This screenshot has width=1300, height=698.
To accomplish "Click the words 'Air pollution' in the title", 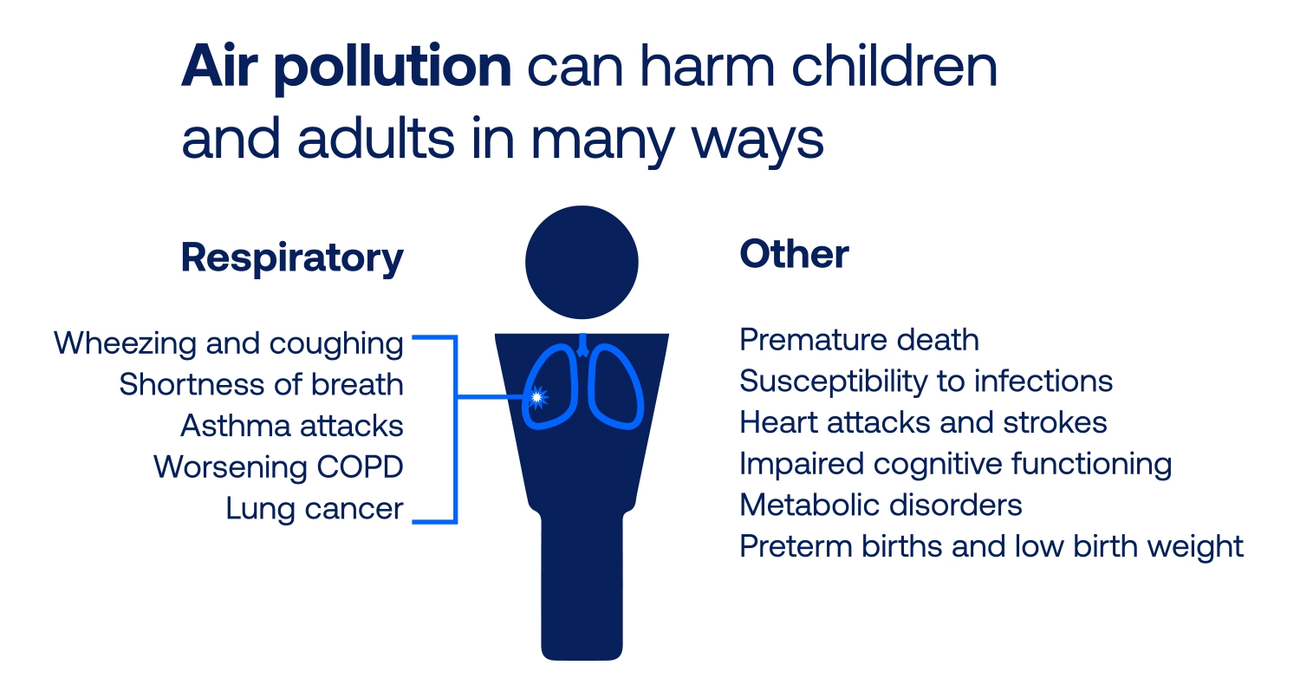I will [x=346, y=68].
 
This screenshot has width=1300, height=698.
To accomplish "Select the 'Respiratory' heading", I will [x=292, y=258].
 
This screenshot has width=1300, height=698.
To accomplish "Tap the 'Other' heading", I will [x=794, y=255].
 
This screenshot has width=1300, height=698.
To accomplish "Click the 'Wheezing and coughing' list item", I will [x=229, y=343].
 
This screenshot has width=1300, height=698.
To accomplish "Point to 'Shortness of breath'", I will [x=261, y=384].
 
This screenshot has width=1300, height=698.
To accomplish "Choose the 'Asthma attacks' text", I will [x=292, y=426].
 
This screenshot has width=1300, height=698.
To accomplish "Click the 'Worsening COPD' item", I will [x=278, y=467].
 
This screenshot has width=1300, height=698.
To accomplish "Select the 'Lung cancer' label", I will [x=315, y=509].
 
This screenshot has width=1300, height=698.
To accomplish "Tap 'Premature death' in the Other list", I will [x=859, y=340].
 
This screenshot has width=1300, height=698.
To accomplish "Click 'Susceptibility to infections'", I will [x=926, y=381].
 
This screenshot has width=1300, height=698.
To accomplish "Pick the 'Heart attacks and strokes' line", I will [x=923, y=422].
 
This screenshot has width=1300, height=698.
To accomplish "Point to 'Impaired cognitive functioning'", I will [x=955, y=464].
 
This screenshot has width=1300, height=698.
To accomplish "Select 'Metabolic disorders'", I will [x=881, y=505].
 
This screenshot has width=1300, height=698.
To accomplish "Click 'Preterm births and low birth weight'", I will [x=991, y=546].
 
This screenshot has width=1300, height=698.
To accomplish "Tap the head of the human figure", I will [x=582, y=262].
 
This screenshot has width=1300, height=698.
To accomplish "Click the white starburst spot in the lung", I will [x=537, y=397].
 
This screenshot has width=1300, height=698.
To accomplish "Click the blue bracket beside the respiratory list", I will [x=455, y=429].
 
